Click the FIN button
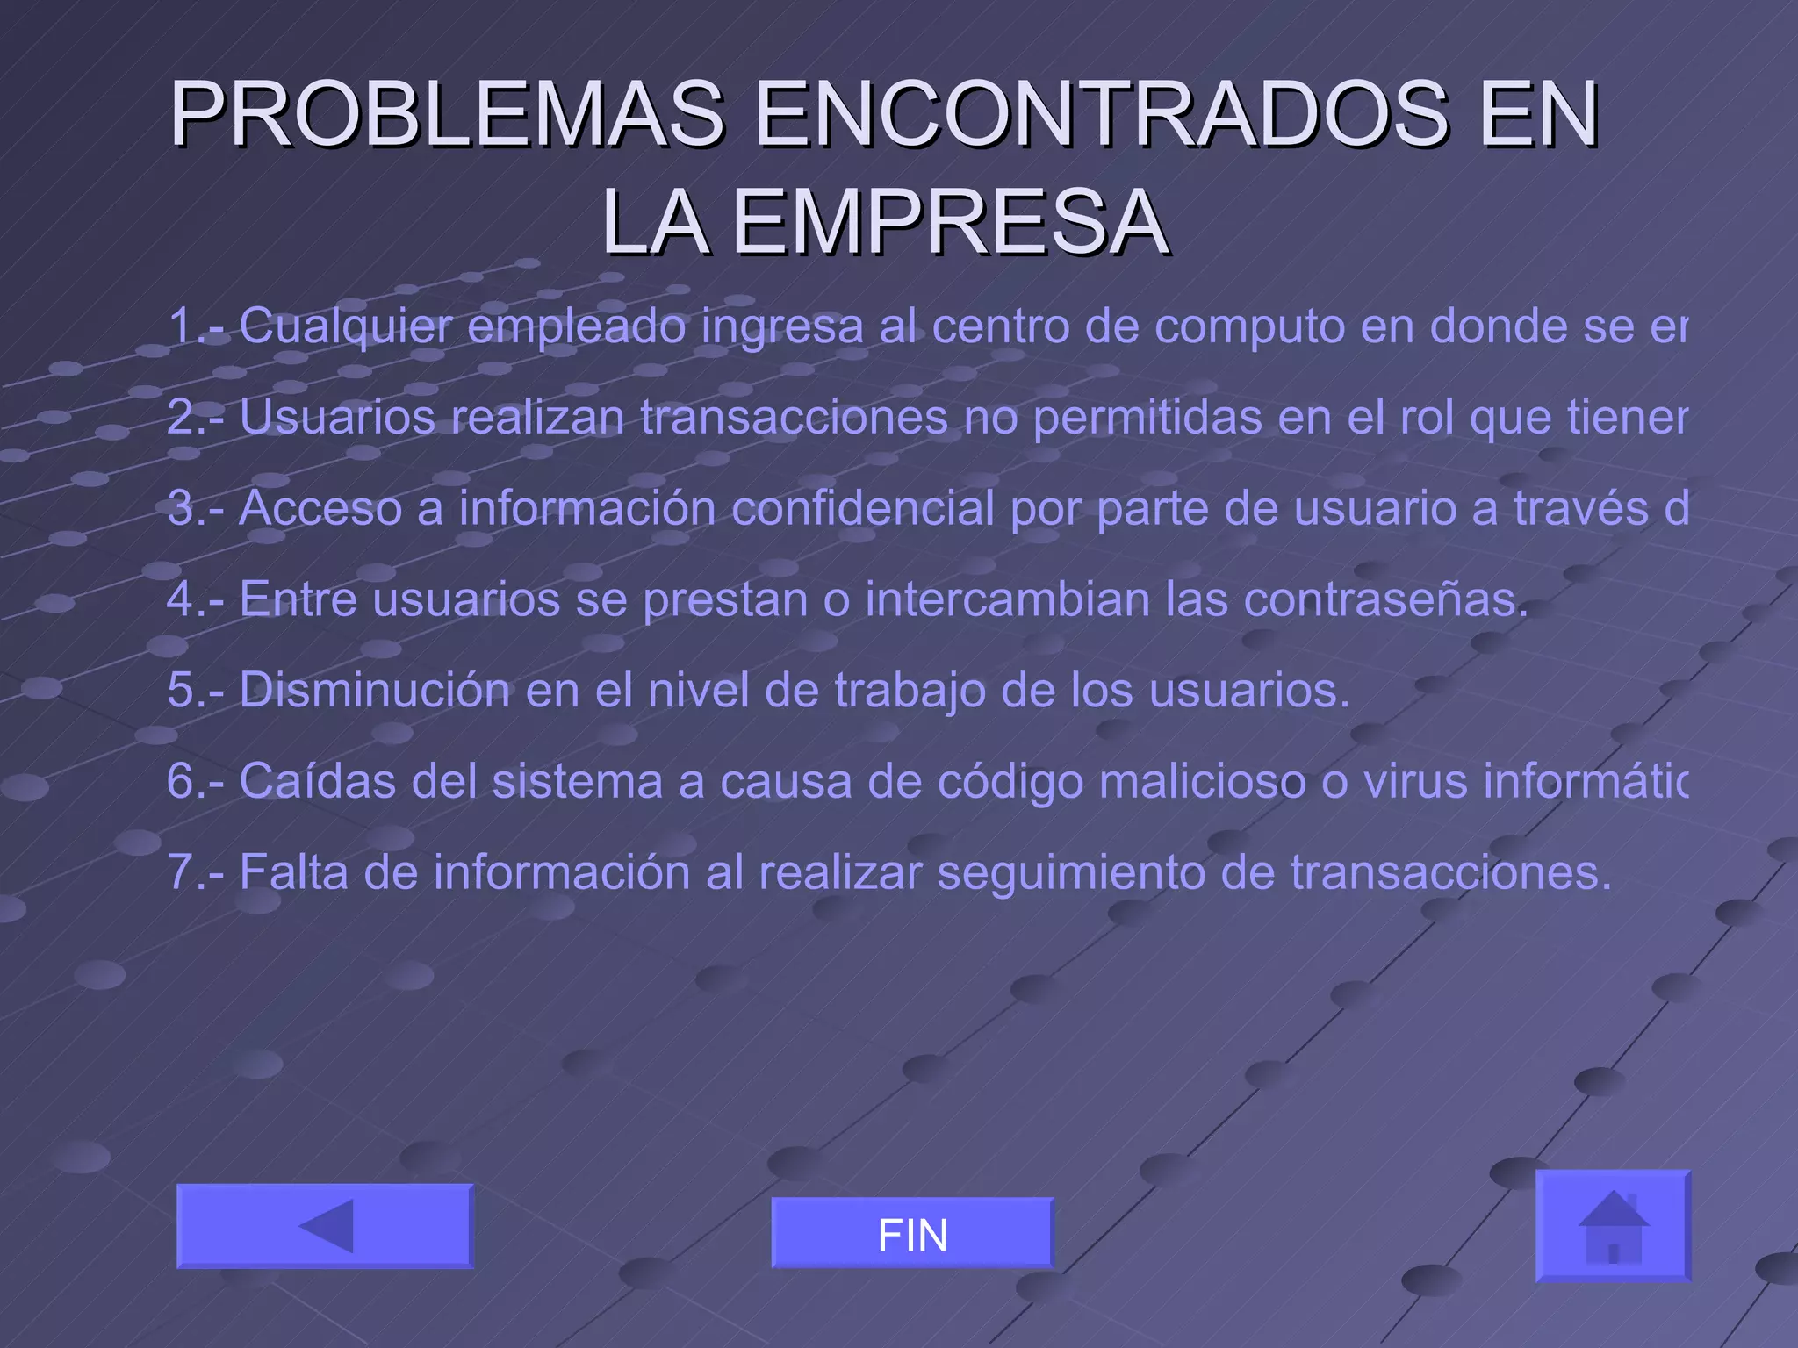click(912, 1233)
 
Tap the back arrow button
click(325, 1226)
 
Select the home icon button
click(1613, 1226)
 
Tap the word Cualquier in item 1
click(346, 326)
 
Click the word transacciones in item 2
click(794, 417)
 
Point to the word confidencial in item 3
click(863, 509)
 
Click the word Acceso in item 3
click(320, 509)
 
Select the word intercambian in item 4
click(1007, 599)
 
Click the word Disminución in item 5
click(374, 690)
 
